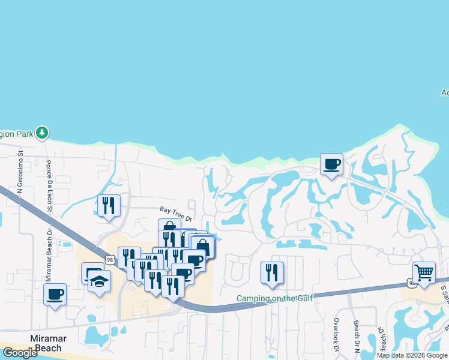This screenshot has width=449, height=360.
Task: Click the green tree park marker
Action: point(42,132)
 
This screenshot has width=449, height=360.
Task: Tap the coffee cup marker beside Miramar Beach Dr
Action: point(55,295)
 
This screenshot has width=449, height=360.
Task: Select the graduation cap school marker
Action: point(99,281)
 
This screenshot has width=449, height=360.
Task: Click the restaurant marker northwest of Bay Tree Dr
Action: point(109,205)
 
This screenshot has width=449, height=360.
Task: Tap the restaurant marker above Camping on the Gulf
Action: point(272,273)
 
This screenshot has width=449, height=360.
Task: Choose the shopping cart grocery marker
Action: point(424,272)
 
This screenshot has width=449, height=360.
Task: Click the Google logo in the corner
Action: point(20,353)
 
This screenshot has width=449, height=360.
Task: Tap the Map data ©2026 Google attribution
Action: point(412,355)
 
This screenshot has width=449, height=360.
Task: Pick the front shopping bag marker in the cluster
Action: point(203,247)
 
